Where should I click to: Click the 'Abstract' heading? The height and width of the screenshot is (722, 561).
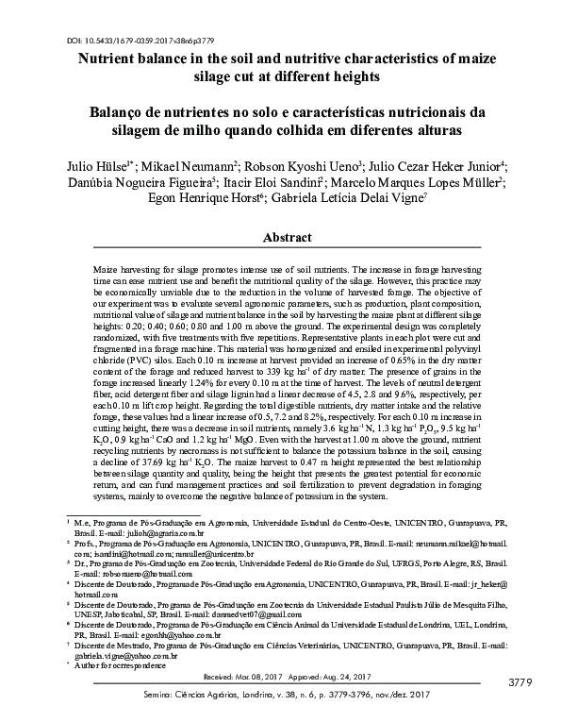click(280, 237)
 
